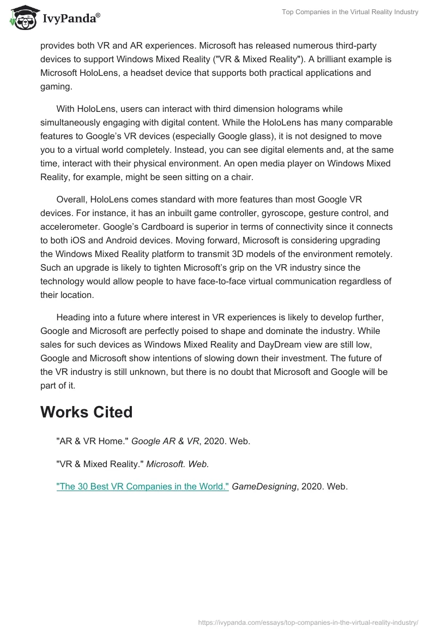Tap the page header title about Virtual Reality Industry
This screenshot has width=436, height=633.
(x=350, y=12)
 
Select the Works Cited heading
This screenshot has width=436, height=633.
(x=86, y=412)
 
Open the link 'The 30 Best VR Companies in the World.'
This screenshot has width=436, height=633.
(x=142, y=486)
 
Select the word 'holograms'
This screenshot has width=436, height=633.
(x=293, y=109)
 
